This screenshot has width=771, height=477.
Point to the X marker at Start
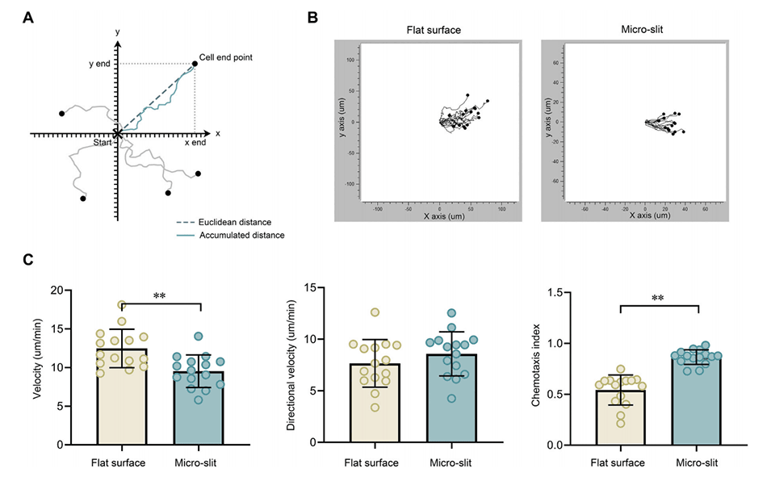click(118, 133)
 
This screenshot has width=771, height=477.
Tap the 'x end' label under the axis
click(195, 143)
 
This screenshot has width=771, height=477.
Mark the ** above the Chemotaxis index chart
click(657, 299)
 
